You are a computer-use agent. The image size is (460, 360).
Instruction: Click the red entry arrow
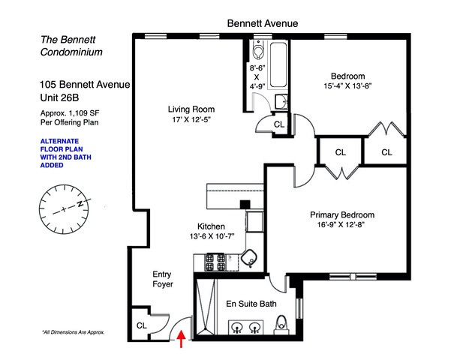tap(182, 338)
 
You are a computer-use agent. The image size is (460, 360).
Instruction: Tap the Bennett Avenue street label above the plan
tap(263, 23)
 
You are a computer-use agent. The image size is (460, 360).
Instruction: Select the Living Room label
tap(191, 109)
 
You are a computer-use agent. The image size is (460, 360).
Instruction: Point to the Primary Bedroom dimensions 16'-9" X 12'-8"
tap(341, 225)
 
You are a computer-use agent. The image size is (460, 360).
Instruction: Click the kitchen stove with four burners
tap(215, 262)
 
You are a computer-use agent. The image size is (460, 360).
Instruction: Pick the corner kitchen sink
tap(249, 258)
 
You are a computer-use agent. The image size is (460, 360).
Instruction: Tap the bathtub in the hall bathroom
tap(278, 64)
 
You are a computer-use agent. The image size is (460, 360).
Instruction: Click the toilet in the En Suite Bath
tap(282, 324)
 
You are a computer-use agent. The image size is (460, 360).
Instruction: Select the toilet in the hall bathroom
tap(258, 51)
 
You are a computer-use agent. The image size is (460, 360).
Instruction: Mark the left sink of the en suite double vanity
tap(236, 327)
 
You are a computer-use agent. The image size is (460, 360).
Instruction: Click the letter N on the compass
tap(80, 203)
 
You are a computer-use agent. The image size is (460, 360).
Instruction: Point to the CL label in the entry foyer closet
tap(142, 325)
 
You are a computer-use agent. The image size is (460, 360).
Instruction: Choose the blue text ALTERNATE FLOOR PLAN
tap(62, 145)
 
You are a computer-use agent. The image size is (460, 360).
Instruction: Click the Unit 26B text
tap(59, 97)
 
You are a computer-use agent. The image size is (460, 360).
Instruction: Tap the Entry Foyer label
tap(163, 279)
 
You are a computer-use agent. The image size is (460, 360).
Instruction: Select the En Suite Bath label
tap(251, 304)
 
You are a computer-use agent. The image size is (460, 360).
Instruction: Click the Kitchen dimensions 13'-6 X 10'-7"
tap(212, 236)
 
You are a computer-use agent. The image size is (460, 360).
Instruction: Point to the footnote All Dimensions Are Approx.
tap(74, 332)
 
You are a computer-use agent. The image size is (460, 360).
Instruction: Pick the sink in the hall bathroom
tap(281, 101)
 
